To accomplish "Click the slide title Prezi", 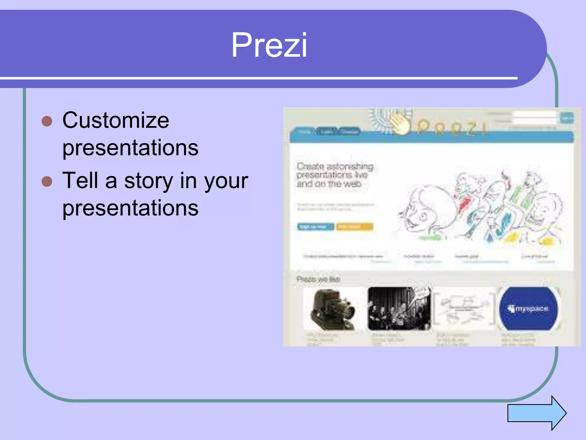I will (269, 45).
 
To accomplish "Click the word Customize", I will (116, 120).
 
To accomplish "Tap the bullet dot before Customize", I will (47, 121).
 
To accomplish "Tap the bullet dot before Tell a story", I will (47, 181).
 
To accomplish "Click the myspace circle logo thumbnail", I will (528, 309).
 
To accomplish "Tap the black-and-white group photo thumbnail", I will (399, 309).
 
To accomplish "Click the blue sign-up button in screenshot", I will (315, 227).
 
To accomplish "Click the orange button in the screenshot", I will (354, 227).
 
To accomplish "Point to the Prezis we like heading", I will (318, 279).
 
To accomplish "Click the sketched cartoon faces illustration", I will (481, 209).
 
